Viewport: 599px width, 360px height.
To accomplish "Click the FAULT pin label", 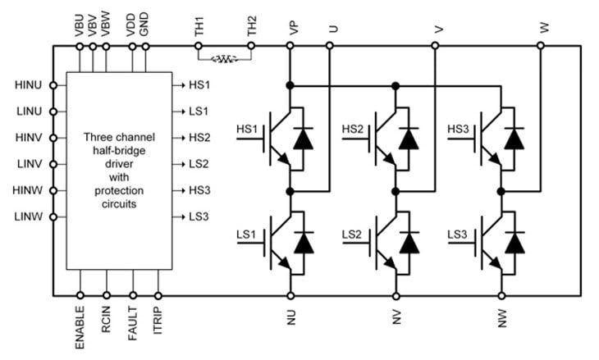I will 133,321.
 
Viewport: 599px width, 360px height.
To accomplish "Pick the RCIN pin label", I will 107,319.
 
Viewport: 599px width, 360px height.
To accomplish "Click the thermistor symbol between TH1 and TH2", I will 223,59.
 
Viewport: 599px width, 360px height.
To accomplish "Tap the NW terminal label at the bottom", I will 501,317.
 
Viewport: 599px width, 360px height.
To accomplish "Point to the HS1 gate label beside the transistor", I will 247,130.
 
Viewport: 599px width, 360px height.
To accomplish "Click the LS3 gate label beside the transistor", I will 457,235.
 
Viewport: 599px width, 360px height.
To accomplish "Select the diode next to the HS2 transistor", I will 409,139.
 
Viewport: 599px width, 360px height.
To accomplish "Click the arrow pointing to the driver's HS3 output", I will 180,190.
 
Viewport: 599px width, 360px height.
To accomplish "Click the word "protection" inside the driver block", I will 120,190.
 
